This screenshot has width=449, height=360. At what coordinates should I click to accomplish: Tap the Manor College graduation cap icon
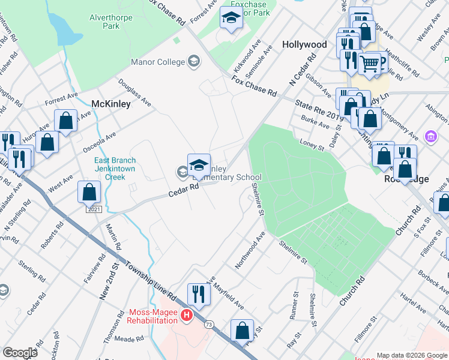(x=194, y=61)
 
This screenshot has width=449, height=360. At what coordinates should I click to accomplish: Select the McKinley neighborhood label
(x=110, y=104)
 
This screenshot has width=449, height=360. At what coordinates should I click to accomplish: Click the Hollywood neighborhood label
(x=304, y=45)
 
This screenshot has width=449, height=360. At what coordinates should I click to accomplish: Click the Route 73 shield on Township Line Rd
(x=209, y=325)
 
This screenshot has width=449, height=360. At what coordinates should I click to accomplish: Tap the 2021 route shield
(x=93, y=209)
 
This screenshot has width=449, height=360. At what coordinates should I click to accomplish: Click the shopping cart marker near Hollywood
(x=372, y=62)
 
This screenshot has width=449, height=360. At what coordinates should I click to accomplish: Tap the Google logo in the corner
(x=20, y=353)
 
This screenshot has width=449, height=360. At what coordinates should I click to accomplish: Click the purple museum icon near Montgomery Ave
(x=430, y=137)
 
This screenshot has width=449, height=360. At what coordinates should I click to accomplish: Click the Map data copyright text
(x=411, y=355)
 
